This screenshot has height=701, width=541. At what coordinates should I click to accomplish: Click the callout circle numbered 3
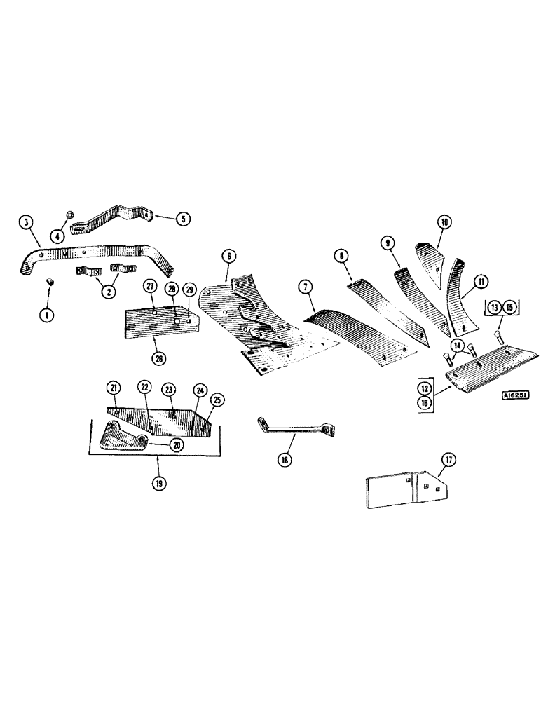coord(26,223)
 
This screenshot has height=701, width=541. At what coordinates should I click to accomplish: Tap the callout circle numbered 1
coord(47,315)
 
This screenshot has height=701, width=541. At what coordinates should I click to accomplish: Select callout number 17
coord(449,460)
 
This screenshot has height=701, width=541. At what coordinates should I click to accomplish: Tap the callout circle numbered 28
coord(170,289)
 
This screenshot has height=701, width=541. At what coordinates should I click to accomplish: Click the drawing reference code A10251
coord(514,395)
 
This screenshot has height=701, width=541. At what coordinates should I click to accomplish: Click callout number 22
coord(144,388)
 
